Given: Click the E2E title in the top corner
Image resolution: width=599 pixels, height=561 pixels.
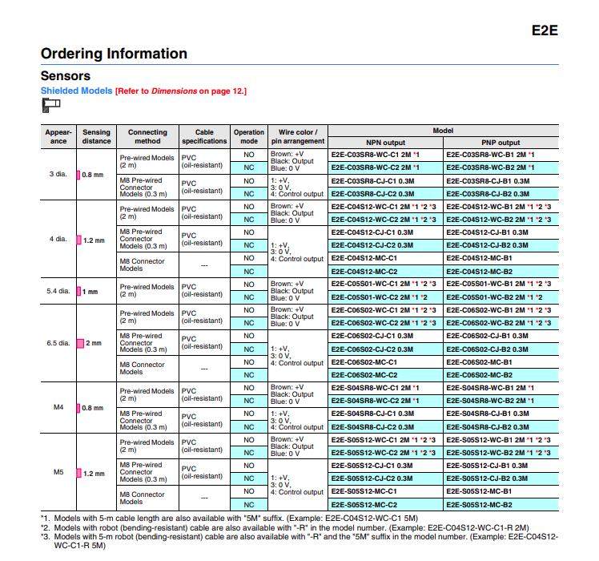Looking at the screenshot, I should point(544,31).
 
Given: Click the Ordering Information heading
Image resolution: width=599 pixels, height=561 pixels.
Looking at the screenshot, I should point(114,54).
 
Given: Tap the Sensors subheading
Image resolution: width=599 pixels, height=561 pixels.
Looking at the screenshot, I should point(65,76).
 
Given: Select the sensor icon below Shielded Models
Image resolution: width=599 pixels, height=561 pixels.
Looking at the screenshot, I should point(50,104).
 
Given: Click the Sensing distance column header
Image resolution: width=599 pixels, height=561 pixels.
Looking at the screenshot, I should point(96,136).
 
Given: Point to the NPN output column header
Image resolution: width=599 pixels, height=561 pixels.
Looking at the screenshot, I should point(385,142).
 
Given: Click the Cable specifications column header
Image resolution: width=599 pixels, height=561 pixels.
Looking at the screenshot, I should point(204,136).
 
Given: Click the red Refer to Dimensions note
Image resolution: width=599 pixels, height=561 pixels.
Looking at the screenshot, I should point(181,91).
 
